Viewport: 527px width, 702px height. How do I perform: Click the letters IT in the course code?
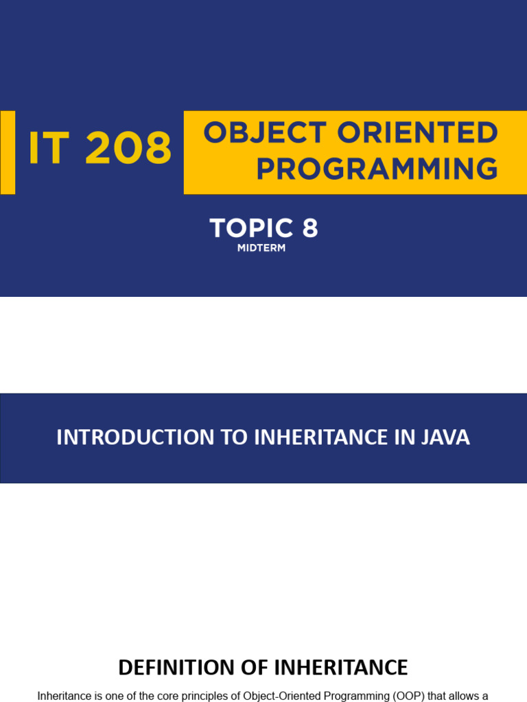click(49, 149)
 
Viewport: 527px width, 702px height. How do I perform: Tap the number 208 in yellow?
click(128, 149)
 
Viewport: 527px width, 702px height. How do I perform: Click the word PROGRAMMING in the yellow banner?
click(377, 169)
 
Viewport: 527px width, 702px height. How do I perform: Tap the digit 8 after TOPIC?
click(310, 228)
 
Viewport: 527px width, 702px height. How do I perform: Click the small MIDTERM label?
click(261, 248)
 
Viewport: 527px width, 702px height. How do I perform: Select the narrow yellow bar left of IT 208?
click(8, 152)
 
